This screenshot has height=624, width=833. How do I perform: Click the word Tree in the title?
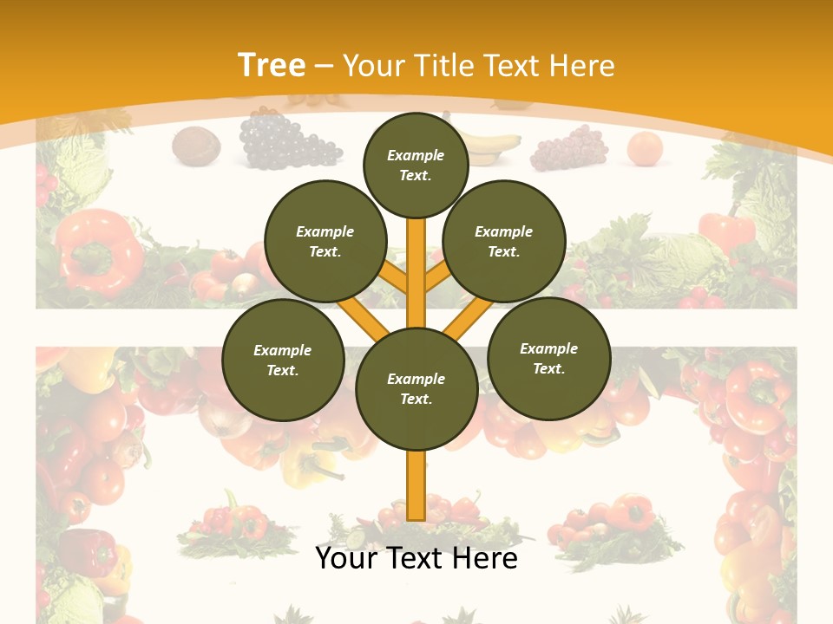coord(271,65)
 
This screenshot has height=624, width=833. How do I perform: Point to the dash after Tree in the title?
coord(325,67)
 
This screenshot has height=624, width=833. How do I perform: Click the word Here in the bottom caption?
coord(482,558)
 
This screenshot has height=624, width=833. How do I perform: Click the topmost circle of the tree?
coord(416,165)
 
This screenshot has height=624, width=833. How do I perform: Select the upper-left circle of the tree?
coord(325,241)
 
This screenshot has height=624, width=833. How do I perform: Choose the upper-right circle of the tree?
coord(503,241)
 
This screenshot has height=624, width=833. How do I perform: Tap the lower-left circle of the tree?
coord(282,360)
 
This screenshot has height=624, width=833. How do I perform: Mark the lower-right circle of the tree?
coord(548,358)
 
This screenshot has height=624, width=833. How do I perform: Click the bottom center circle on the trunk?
coord(416,388)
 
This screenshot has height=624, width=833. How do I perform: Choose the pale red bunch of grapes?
coord(569,149)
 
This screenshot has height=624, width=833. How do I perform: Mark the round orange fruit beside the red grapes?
coord(645,148)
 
